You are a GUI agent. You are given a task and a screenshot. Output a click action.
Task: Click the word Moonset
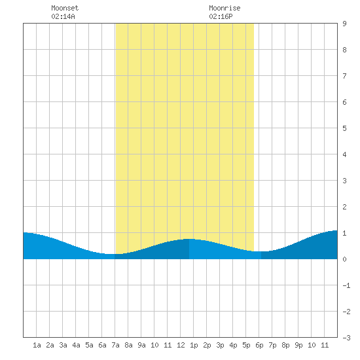coord(65,8)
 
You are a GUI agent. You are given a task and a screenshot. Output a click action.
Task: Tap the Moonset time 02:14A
coord(63,16)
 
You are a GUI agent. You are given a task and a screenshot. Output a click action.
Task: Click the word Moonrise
coord(225,8)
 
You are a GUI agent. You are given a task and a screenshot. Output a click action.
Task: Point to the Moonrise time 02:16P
coord(221,16)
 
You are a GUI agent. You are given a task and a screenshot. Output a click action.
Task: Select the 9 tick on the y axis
coord(344,24)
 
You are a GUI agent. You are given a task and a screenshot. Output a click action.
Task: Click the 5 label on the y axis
coord(344,128)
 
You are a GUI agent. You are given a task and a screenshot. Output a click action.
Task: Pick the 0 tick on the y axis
coord(344,259)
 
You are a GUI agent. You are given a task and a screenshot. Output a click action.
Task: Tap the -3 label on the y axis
coord(346,338)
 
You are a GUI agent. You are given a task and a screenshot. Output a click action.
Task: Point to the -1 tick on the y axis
coord(346,285)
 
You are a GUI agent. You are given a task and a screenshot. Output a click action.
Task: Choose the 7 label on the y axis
coord(344,76)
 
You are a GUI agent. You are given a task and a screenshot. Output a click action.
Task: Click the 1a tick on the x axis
coord(37,345)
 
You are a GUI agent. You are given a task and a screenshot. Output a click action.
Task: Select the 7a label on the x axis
coord(115,345)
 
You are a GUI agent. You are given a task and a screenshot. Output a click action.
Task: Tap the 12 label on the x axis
coord(181,345)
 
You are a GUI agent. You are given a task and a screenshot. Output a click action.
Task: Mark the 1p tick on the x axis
coord(194,345)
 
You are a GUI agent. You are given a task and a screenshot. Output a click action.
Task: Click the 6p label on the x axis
coord(259,345)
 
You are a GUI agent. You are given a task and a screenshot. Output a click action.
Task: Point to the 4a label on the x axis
coord(76,345)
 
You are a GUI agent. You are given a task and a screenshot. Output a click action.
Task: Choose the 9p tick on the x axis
coord(298,345)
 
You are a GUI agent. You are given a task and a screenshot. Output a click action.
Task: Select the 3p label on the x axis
coord(220,345)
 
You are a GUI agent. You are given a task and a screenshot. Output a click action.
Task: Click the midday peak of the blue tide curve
coord(189,239)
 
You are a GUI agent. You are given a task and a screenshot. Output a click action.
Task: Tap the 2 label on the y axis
coord(344,207)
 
